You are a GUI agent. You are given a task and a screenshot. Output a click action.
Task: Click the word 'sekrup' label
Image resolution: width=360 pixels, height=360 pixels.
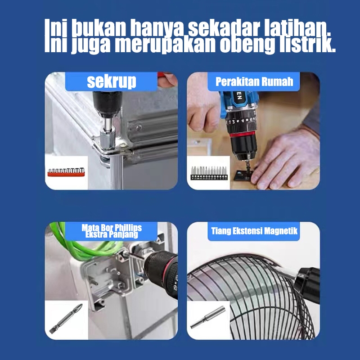tap(112, 81)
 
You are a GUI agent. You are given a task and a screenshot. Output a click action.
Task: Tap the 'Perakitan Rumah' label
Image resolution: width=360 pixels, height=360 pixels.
tap(254, 81)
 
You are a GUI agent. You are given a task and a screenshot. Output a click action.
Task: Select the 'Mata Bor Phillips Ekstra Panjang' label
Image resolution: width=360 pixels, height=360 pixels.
tap(112, 231)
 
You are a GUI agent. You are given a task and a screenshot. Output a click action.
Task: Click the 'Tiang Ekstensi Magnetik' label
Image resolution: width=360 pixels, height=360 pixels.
tap(254, 231)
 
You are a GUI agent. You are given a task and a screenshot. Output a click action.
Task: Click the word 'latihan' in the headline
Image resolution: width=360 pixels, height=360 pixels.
tap(297, 28)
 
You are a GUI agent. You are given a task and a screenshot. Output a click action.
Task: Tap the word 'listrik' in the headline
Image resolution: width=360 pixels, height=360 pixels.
tap(307, 44)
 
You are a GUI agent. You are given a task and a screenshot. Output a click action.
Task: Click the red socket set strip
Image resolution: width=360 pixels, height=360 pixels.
tap(66, 172)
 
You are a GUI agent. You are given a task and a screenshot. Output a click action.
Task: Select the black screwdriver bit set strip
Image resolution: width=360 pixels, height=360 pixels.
tap(209, 173)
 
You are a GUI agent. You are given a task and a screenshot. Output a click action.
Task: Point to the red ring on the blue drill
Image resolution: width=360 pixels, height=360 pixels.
tap(242, 134)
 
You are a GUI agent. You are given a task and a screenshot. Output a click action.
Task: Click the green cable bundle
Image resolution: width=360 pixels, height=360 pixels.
tap(85, 247)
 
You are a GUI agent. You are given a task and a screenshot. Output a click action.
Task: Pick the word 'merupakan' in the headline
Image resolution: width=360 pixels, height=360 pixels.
tap(165, 44)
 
